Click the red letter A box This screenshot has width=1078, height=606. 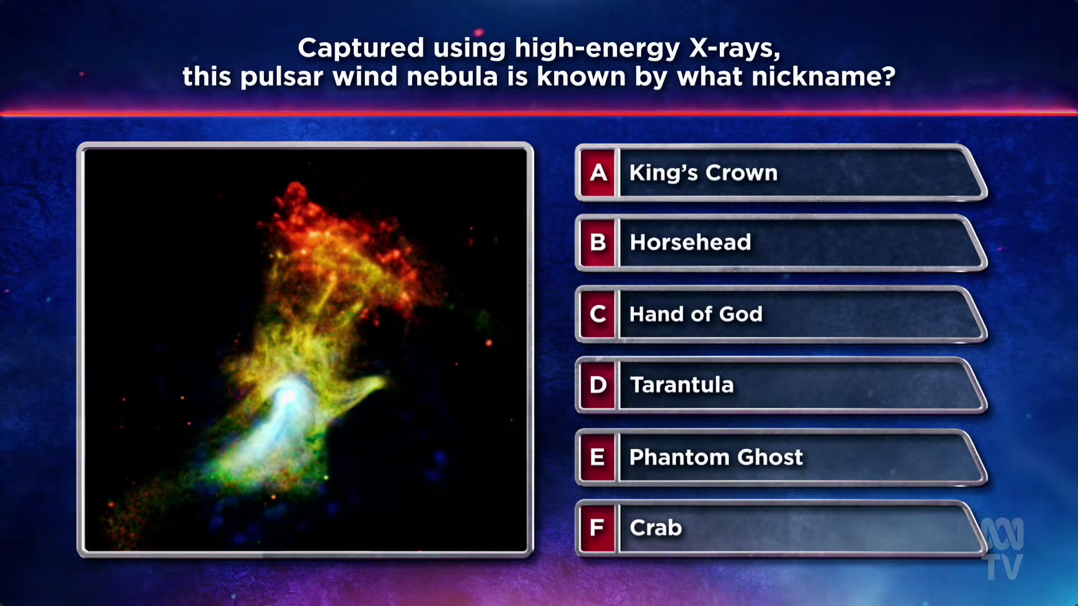point(598,173)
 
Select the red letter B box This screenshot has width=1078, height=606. point(598,243)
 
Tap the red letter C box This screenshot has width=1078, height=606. point(598,314)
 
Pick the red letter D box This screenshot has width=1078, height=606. point(598,385)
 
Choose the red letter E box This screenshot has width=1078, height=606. point(598,457)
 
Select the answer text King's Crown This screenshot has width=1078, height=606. point(704,173)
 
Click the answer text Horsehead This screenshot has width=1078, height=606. point(690,242)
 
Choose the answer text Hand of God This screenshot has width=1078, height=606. point(696,314)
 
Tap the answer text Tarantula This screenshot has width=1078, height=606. point(682,385)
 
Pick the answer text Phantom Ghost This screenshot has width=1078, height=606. point(716,457)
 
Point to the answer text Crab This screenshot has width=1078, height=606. point(656,527)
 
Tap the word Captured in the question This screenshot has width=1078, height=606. point(360,49)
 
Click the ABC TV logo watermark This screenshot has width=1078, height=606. point(1003,549)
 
